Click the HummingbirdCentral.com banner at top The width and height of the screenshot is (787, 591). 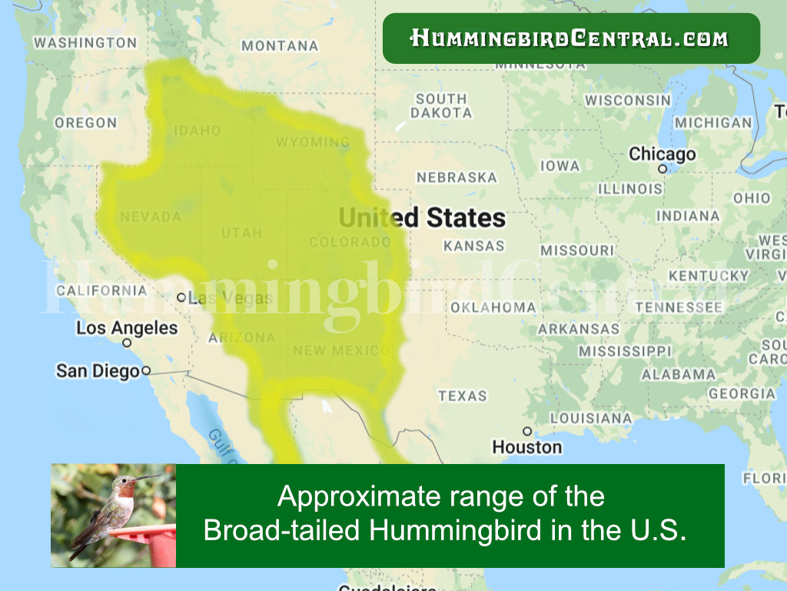[x=570, y=38]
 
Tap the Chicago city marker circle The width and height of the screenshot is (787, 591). [x=662, y=169]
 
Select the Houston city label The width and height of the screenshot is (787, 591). [x=526, y=447]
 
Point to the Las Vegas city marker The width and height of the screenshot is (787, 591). [x=181, y=297]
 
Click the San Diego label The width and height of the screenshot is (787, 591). [x=98, y=371]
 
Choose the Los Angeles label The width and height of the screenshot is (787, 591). [x=126, y=328]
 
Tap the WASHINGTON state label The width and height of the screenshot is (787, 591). [x=85, y=43]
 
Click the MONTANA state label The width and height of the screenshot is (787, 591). [x=279, y=46]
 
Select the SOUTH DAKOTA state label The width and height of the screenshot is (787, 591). [x=441, y=105]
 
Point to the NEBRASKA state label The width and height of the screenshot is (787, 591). [x=457, y=178]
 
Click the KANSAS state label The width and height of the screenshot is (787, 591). [x=473, y=246]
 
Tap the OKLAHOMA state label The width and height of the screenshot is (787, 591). [x=493, y=308]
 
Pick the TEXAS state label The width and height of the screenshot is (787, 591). [x=463, y=396]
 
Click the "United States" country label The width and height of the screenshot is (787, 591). [x=422, y=218]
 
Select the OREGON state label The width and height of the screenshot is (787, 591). [x=85, y=123]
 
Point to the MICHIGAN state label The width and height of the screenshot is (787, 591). [x=713, y=123]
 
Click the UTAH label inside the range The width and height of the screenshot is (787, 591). [x=241, y=233]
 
